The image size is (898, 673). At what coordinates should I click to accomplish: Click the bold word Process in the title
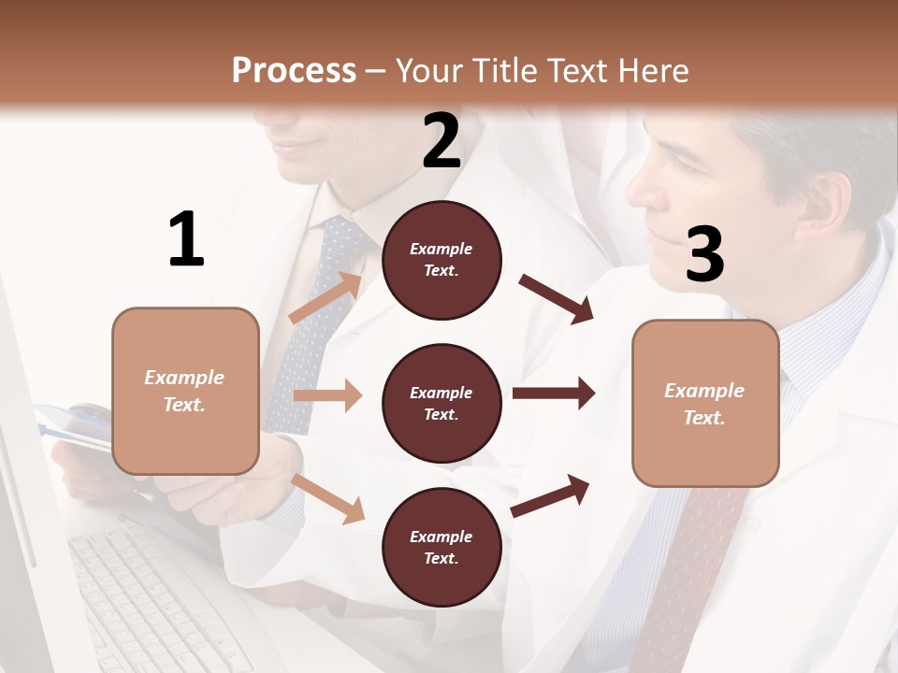(x=294, y=71)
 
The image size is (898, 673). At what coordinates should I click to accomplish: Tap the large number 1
(x=186, y=239)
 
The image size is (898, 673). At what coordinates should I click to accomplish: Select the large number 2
(x=442, y=141)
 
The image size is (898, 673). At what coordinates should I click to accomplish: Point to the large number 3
(x=704, y=254)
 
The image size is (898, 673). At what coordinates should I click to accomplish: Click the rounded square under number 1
(x=185, y=391)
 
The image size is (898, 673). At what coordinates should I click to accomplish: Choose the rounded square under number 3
(x=705, y=403)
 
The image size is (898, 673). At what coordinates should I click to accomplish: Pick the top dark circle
(x=442, y=260)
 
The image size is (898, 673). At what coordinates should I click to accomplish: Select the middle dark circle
(x=442, y=403)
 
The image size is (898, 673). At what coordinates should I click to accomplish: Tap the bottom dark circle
(x=442, y=547)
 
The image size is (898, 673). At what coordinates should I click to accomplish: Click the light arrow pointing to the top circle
(x=326, y=298)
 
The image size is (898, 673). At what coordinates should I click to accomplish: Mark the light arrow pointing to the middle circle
(x=326, y=395)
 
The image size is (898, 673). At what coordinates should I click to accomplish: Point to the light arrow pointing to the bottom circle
(x=327, y=497)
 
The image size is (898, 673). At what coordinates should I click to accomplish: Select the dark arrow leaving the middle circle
(x=553, y=394)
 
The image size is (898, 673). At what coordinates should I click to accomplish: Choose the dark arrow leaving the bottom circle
(x=551, y=495)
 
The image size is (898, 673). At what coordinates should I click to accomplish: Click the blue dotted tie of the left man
(x=318, y=318)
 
